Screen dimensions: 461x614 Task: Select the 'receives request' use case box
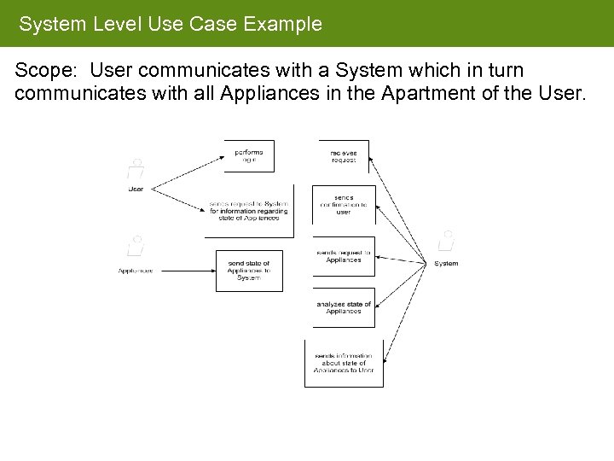[344, 156]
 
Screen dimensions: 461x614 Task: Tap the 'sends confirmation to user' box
[344, 205]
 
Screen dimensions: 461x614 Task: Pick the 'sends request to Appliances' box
[344, 256]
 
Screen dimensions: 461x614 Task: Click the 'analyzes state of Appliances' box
[344, 308]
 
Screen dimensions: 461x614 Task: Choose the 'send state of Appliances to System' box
[249, 270]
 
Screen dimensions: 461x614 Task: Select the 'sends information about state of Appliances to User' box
[344, 364]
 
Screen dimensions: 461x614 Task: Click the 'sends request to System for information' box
[249, 210]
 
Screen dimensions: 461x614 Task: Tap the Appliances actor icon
[135, 246]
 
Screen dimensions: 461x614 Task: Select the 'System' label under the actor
[446, 264]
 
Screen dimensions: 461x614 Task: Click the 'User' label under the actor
[135, 189]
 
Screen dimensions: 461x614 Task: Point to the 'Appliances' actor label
[135, 271]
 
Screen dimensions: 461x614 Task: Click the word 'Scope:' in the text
[48, 70]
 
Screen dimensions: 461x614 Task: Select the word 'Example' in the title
[282, 24]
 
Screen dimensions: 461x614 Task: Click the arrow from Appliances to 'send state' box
[184, 271]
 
